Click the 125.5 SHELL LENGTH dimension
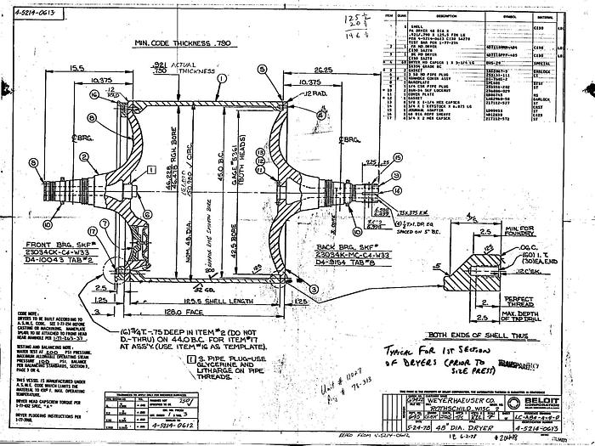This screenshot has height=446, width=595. [x=180, y=301]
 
